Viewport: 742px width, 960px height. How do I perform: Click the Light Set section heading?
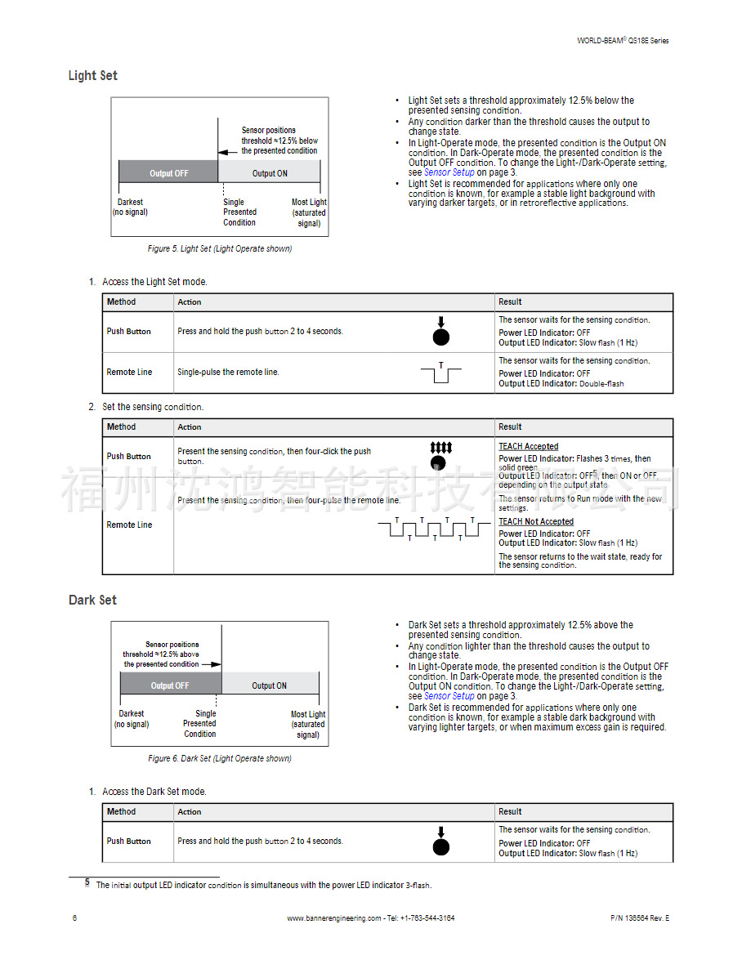pos(92,76)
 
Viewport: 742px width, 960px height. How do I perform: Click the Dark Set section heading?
pos(92,601)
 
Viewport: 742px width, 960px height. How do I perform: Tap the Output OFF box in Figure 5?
pos(168,173)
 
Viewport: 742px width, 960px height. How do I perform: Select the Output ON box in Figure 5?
pos(270,173)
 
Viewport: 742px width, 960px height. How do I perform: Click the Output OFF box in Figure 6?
pos(170,685)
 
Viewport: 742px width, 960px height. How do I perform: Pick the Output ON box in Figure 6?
pos(269,685)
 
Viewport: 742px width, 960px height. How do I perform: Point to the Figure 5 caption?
pos(219,248)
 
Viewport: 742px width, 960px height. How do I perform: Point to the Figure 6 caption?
pos(219,758)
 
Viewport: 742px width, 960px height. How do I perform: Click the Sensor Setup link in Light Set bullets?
pos(449,172)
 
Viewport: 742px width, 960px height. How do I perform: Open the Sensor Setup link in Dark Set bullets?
pos(449,696)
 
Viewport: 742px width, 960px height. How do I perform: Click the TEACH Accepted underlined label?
pos(529,447)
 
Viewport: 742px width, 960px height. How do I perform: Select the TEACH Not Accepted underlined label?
pos(536,521)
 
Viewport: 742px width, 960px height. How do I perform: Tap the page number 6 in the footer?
pos(74,918)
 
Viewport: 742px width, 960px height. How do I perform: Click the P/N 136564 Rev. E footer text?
pos(639,918)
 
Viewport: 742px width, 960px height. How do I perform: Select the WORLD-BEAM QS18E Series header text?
pos(623,40)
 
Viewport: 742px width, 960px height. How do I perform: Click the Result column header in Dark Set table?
pos(510,812)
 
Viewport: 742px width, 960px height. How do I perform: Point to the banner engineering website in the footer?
pos(370,918)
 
